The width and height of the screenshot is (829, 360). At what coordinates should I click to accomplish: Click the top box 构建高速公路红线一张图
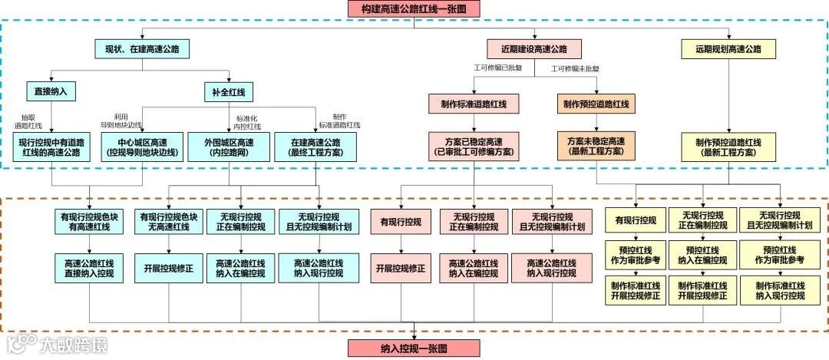click(x=414, y=8)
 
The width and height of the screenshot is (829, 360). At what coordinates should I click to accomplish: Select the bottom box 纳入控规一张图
click(x=414, y=348)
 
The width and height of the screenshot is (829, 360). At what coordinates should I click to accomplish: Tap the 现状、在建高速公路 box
click(x=142, y=48)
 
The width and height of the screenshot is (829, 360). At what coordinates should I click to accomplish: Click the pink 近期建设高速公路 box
click(x=533, y=48)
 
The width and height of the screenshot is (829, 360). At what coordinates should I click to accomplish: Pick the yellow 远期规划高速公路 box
click(x=728, y=48)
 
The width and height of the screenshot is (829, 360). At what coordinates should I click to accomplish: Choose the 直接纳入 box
click(x=51, y=91)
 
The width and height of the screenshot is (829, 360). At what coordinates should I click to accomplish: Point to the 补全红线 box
click(x=229, y=91)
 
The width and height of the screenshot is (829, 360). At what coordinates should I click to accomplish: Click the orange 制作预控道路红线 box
click(x=596, y=104)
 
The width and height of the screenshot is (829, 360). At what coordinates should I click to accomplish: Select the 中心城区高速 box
click(x=140, y=147)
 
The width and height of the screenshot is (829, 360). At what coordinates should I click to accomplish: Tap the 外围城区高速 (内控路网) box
click(x=229, y=147)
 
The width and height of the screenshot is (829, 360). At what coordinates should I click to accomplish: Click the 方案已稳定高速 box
click(x=474, y=147)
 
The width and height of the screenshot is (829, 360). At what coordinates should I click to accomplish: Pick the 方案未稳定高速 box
click(x=596, y=147)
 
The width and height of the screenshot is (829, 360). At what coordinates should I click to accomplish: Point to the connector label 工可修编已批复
click(x=497, y=68)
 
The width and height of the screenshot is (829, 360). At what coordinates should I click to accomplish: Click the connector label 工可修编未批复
click(x=575, y=68)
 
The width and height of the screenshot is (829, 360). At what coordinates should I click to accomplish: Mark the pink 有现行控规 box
click(x=401, y=222)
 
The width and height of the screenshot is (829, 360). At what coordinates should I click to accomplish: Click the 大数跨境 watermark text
click(x=74, y=345)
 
